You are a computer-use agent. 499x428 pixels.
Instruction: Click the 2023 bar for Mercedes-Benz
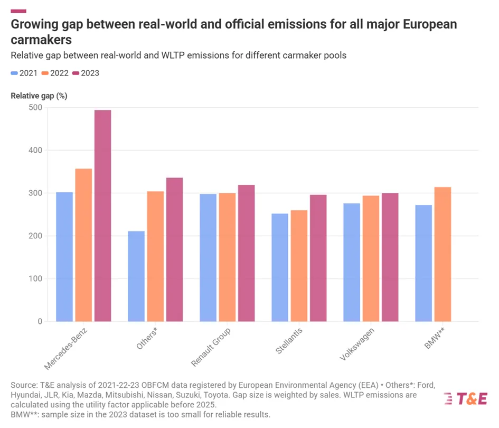(x=102, y=216)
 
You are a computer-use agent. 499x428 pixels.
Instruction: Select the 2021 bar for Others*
(x=136, y=276)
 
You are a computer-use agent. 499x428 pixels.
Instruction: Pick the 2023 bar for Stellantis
(x=318, y=258)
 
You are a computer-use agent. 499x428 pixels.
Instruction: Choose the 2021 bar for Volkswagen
(x=352, y=262)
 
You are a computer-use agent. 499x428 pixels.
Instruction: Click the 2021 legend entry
(x=24, y=73)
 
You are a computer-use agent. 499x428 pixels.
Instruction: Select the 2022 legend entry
(x=55, y=73)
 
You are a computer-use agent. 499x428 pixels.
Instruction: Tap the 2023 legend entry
(x=86, y=73)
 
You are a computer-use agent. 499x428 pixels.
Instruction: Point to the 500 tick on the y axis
(x=36, y=108)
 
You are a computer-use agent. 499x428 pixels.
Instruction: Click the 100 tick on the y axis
(x=36, y=279)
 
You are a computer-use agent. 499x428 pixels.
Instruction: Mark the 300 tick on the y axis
(x=36, y=193)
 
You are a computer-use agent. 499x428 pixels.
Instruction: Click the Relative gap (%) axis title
(x=39, y=96)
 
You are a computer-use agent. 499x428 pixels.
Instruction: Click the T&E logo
(x=465, y=399)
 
